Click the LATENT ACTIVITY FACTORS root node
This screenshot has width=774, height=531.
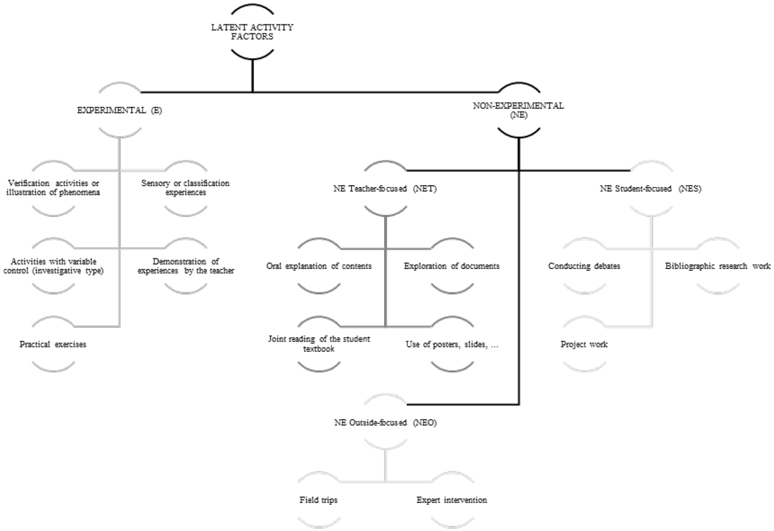point(252,32)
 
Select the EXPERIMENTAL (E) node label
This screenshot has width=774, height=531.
point(119,110)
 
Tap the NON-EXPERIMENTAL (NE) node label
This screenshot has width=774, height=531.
point(518,110)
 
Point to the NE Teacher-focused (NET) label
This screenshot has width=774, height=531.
point(385,189)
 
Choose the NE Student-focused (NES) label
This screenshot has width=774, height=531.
point(650,189)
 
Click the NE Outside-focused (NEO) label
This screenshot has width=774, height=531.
point(385,422)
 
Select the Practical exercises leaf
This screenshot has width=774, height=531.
point(53,344)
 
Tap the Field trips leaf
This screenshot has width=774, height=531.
point(318,500)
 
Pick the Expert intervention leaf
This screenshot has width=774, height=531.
point(452,500)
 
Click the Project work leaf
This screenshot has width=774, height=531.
point(584,344)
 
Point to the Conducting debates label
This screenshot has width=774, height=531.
point(584,266)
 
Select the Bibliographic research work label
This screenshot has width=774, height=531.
point(718,266)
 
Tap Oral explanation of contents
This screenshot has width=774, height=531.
point(319,266)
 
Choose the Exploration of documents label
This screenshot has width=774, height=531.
point(452,266)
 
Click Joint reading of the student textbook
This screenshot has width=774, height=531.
point(319,343)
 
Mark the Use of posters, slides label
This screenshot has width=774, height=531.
point(452,344)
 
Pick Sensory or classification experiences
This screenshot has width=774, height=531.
point(185,188)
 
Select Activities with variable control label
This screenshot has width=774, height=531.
point(53,266)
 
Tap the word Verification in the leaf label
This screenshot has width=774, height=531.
point(29,183)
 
